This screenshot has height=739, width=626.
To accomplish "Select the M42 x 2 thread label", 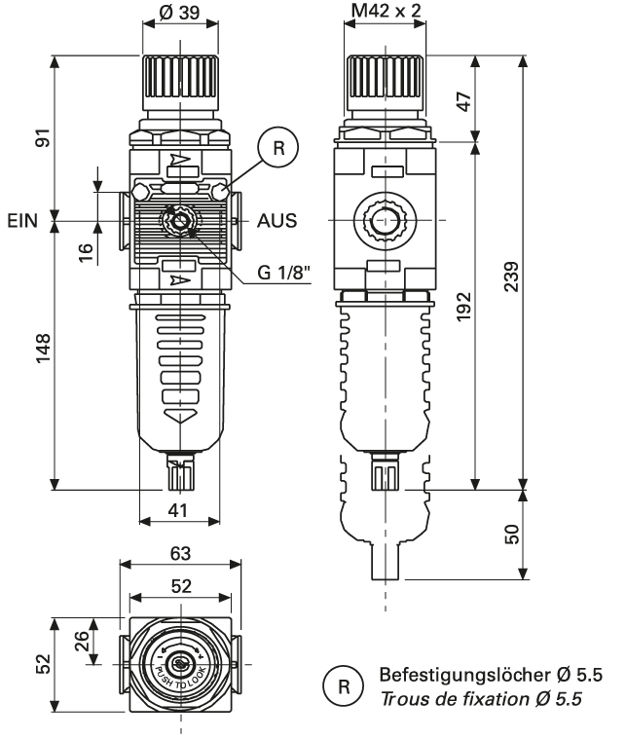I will [387, 12].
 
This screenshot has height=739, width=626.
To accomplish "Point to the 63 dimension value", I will [180, 554].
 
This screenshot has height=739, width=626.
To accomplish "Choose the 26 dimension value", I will [85, 642].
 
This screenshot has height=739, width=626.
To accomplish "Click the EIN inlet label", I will [21, 220].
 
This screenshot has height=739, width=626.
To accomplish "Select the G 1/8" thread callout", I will [284, 274].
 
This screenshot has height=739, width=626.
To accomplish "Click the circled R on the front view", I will [278, 149].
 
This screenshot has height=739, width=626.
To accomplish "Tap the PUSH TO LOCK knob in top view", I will [180, 664].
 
